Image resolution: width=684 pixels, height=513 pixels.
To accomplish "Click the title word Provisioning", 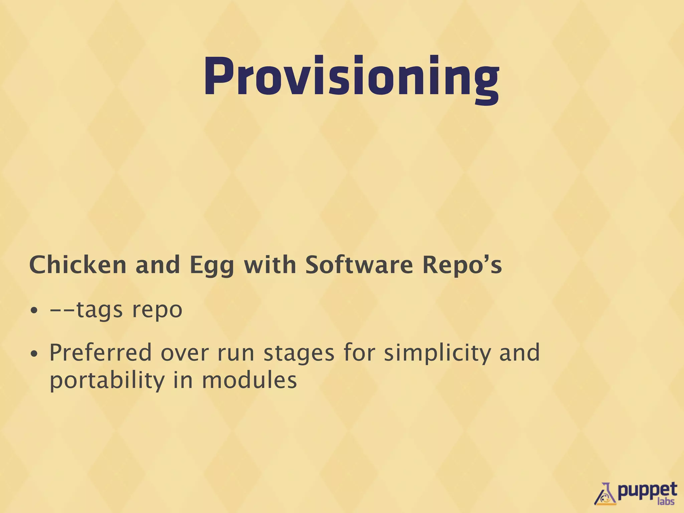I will (x=351, y=77).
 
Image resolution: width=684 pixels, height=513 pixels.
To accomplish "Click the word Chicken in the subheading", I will (x=77, y=265).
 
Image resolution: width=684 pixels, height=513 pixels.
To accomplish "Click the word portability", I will (x=107, y=381).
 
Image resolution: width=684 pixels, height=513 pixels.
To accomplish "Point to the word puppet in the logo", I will (x=647, y=490).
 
